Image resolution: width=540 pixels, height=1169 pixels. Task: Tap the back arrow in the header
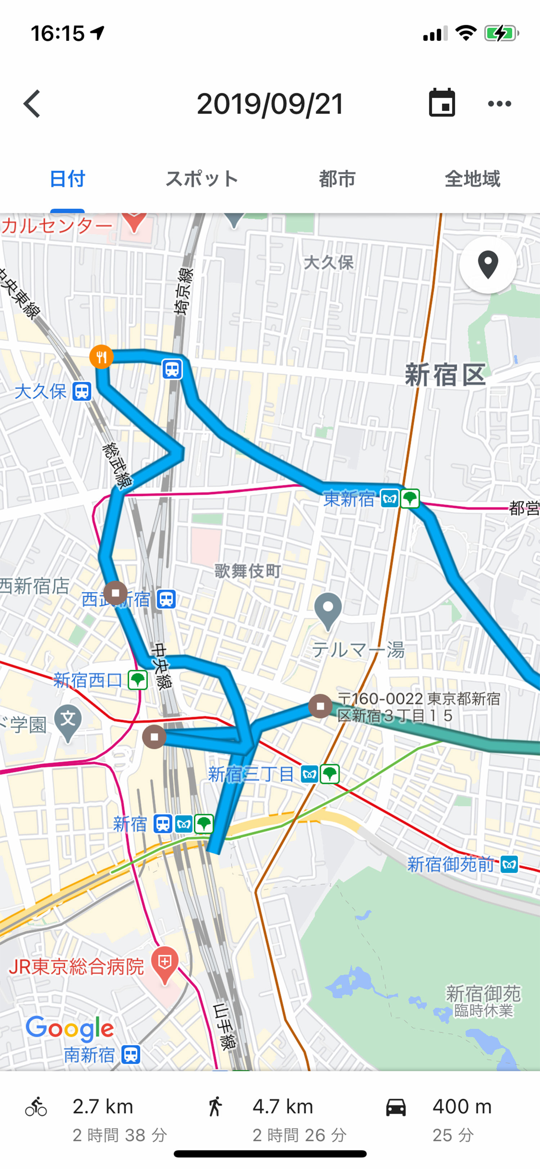32,103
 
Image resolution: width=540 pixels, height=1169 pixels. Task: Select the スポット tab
202,179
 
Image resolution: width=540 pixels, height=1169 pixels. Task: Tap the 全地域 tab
472,179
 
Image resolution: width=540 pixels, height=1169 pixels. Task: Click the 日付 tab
67,179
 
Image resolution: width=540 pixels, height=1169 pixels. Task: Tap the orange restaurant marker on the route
101,357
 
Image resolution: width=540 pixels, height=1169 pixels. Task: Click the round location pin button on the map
488,265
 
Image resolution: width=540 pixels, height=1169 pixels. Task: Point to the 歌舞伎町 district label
248,571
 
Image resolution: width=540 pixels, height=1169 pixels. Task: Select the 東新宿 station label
349,499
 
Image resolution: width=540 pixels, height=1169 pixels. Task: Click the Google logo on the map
69,1029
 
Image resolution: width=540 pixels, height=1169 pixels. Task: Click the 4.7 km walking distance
283,1107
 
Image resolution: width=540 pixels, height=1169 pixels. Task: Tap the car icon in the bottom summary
396,1107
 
